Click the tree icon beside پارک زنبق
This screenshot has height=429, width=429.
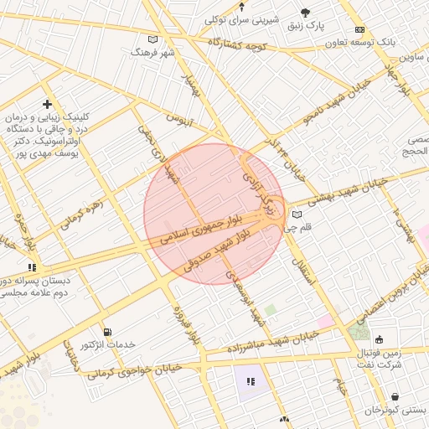pos(303,13)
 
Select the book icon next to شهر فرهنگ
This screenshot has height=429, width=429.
pos(152,39)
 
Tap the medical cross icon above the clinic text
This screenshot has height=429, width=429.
pos(48,104)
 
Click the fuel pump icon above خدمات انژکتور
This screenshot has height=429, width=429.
pos(106,332)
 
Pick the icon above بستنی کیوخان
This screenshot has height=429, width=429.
pos(395,397)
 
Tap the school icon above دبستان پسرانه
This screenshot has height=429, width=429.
pos(33,267)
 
